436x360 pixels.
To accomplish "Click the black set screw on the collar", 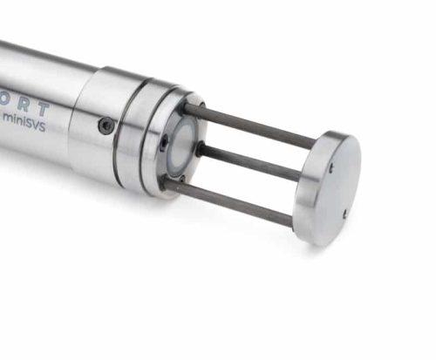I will [106, 126].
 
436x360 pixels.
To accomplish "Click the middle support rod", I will [253, 161].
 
